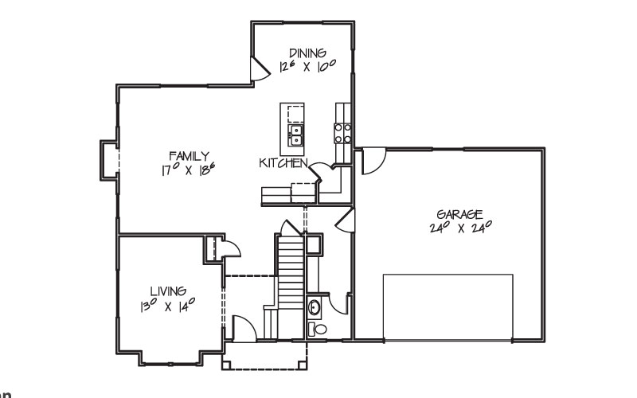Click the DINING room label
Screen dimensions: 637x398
[307, 53]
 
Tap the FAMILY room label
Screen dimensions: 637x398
[189, 156]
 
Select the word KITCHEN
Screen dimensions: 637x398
[283, 163]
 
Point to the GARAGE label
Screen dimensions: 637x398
[459, 214]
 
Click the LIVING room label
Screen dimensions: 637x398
[168, 291]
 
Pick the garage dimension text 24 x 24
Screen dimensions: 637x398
[461, 227]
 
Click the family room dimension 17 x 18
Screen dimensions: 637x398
[188, 169]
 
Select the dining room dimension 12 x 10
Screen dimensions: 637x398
[307, 65]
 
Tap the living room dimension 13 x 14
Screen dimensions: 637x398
[167, 305]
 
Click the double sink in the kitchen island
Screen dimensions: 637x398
[295, 135]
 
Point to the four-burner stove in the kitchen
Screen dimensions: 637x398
[342, 133]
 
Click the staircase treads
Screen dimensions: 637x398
[291, 276]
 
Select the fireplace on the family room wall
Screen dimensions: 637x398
[109, 161]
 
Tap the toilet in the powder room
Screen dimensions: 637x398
[317, 329]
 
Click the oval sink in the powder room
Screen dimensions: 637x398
[314, 307]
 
